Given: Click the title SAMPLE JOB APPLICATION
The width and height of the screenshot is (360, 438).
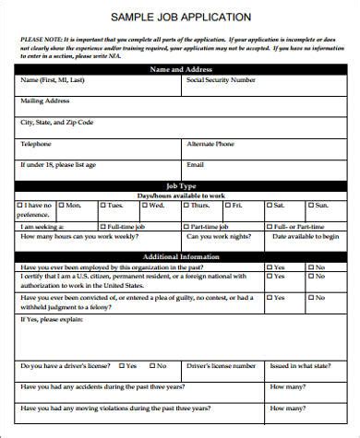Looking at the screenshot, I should (180, 17).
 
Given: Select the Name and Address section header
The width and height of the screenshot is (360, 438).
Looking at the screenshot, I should (180, 69).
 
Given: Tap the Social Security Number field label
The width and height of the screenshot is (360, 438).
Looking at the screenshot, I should (221, 80).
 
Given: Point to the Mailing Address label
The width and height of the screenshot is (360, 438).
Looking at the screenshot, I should (45, 101).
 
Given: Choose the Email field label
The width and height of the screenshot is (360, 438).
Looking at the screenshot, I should (195, 165).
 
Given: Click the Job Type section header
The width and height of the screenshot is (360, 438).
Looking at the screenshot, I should (180, 185).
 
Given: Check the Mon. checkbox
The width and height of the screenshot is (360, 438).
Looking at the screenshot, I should (62, 205).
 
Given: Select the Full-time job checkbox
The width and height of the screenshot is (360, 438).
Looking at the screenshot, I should (102, 226).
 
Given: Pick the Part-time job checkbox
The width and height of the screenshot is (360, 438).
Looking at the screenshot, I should (185, 226).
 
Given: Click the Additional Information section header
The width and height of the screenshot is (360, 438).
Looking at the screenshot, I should (180, 256).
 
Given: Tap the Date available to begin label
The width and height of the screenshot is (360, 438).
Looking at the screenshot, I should (306, 237).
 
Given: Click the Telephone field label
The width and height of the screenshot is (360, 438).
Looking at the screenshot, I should (36, 145).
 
